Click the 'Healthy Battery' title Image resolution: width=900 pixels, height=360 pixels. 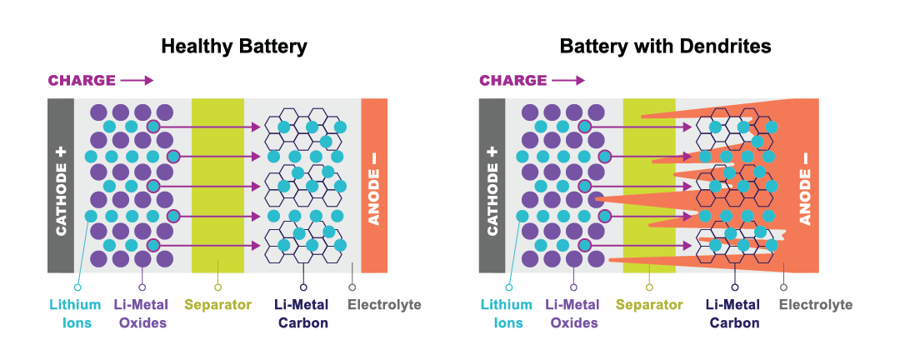click(x=233, y=47)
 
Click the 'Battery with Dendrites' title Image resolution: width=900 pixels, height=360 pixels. click(x=665, y=47)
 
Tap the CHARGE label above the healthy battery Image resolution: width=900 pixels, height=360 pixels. click(x=82, y=81)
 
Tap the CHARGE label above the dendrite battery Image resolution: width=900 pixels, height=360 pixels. click(x=512, y=81)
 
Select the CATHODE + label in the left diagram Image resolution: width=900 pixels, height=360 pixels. click(x=61, y=185)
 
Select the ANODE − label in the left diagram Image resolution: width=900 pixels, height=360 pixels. click(x=374, y=185)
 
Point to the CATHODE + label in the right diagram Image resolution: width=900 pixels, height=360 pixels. click(x=492, y=185)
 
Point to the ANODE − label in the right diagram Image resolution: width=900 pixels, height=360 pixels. click(x=805, y=185)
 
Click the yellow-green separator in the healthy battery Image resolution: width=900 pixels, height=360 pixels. click(x=217, y=185)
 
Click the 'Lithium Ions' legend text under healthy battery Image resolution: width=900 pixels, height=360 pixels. click(x=77, y=313)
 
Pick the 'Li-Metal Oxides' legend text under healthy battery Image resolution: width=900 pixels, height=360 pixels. click(x=142, y=313)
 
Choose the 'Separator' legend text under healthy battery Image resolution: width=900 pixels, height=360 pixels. click(x=217, y=305)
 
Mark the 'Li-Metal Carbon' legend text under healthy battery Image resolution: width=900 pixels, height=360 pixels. click(x=303, y=313)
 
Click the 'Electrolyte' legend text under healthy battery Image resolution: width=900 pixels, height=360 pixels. click(x=384, y=305)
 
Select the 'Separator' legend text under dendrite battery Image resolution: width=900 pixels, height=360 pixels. click(x=649, y=305)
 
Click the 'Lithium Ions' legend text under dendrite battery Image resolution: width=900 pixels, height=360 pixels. click(x=507, y=313)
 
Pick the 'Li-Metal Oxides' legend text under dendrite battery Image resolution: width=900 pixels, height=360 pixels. click(x=573, y=313)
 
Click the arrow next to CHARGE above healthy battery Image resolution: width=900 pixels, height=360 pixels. click(x=137, y=81)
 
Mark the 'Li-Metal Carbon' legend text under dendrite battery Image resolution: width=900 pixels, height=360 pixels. click(x=734, y=313)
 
